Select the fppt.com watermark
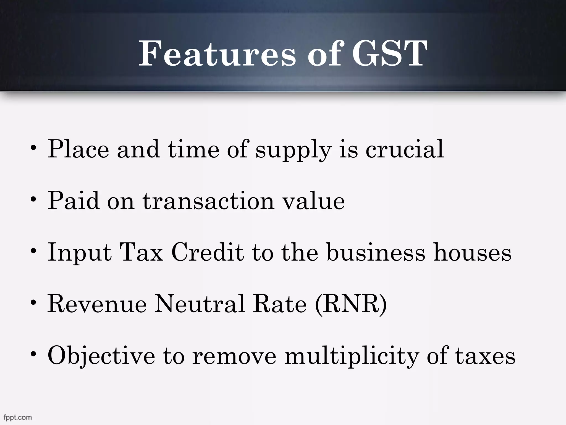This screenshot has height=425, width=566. (x=18, y=417)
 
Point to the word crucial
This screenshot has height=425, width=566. (x=405, y=149)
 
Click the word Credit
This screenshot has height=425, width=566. (x=208, y=252)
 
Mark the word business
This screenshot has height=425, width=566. (x=376, y=252)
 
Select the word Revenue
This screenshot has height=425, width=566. (x=97, y=304)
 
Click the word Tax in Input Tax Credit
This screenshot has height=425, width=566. (x=141, y=252)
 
